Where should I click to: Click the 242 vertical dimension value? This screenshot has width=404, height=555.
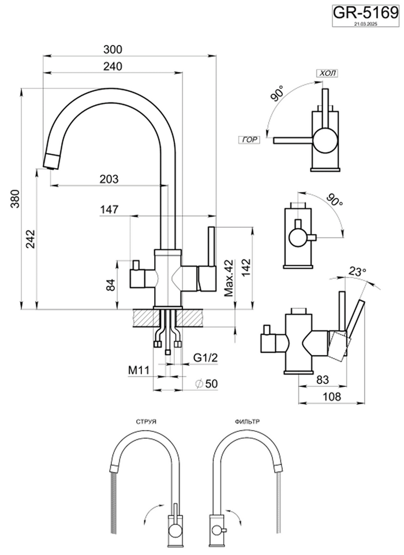(30, 239)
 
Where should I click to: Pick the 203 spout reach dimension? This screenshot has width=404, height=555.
(109, 179)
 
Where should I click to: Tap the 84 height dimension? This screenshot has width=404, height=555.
(113, 283)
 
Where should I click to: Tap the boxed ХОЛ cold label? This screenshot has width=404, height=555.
(327, 73)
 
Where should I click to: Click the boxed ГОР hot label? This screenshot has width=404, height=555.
(249, 140)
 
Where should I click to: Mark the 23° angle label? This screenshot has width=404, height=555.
(358, 271)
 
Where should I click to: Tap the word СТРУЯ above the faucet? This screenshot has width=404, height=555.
(144, 422)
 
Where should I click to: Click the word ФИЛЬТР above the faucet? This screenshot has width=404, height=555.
(247, 422)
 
